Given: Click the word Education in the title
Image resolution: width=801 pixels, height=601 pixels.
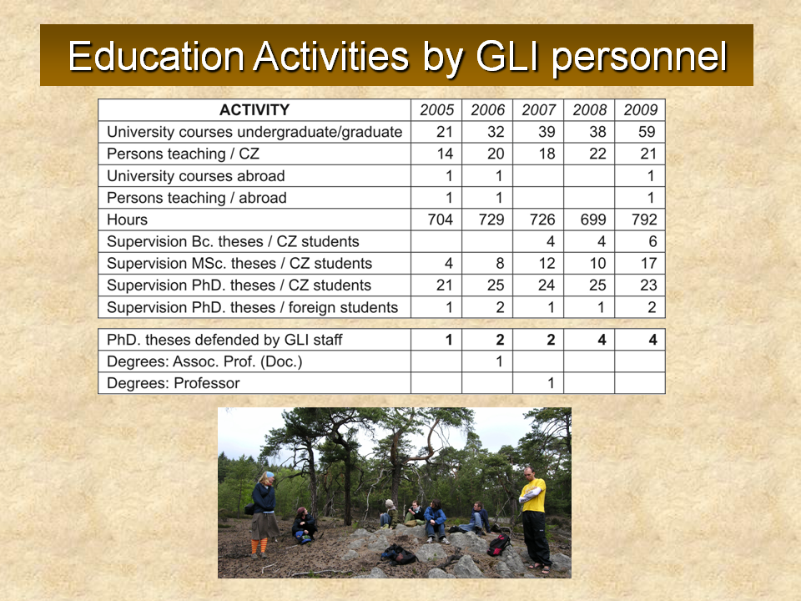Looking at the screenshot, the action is pos(156,56).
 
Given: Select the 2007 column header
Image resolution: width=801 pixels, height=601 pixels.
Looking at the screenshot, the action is pos(538,110).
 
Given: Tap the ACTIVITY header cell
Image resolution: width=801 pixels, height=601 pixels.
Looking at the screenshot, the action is pos(254,110).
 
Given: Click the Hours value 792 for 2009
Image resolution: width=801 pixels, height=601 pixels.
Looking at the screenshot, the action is pos(643,220).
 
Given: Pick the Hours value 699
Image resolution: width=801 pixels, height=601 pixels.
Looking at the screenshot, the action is pos(593,220).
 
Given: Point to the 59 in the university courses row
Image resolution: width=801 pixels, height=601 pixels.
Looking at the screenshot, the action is pos(647,132).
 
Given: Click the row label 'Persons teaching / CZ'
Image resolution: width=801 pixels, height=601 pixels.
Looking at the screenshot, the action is pos(183,154).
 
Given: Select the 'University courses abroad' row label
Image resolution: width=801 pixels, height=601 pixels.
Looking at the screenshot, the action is pos(195,176).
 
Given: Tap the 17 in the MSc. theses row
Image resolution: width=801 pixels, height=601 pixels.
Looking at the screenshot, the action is pos(648,263).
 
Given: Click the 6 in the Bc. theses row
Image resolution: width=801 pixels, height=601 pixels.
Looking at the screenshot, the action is pos(652,241).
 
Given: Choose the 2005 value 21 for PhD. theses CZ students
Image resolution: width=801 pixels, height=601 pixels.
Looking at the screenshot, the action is pos(445,285).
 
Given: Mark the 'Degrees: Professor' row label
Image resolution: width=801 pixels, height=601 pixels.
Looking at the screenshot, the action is pos(174,383).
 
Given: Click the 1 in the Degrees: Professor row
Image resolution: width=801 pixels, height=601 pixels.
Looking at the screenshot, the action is pos(551,383).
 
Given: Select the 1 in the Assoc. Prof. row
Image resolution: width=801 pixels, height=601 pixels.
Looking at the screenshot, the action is pos(500,361).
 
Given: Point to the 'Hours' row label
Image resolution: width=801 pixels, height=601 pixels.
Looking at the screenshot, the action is pos(127,220).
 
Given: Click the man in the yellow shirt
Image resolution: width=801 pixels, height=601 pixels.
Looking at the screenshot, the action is pos(534,516).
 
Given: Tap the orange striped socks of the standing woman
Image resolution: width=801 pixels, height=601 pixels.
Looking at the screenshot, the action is pos(259,546).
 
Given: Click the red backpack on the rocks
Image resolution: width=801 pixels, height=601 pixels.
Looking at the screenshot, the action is pos(499,545).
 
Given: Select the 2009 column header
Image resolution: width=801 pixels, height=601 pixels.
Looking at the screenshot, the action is pos(641,110).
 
